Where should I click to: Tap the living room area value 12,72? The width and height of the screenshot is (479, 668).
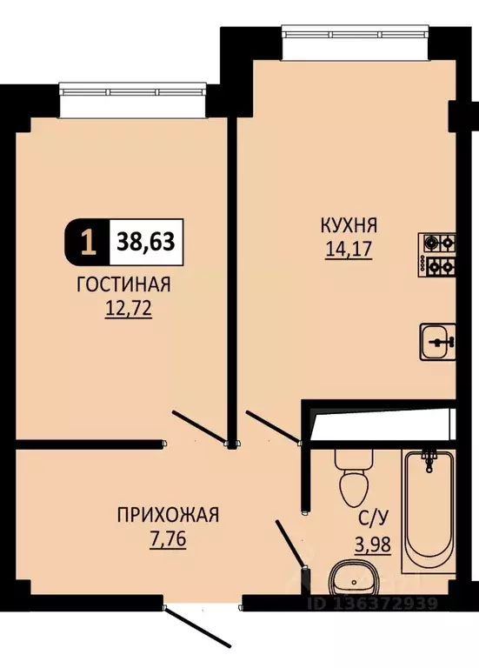coord(127,309)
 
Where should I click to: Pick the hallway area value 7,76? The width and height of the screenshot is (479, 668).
coord(168,538)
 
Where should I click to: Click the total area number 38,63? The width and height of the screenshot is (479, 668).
coord(146,241)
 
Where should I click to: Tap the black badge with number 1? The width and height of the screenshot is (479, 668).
coord(87,241)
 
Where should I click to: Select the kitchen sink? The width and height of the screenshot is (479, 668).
coord(437,340)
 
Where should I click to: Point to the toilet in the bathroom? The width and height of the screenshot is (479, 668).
coord(354,481)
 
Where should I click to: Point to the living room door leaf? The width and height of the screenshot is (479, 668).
coord(198,426)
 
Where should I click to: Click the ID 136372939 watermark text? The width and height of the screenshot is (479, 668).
coord(376,601)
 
